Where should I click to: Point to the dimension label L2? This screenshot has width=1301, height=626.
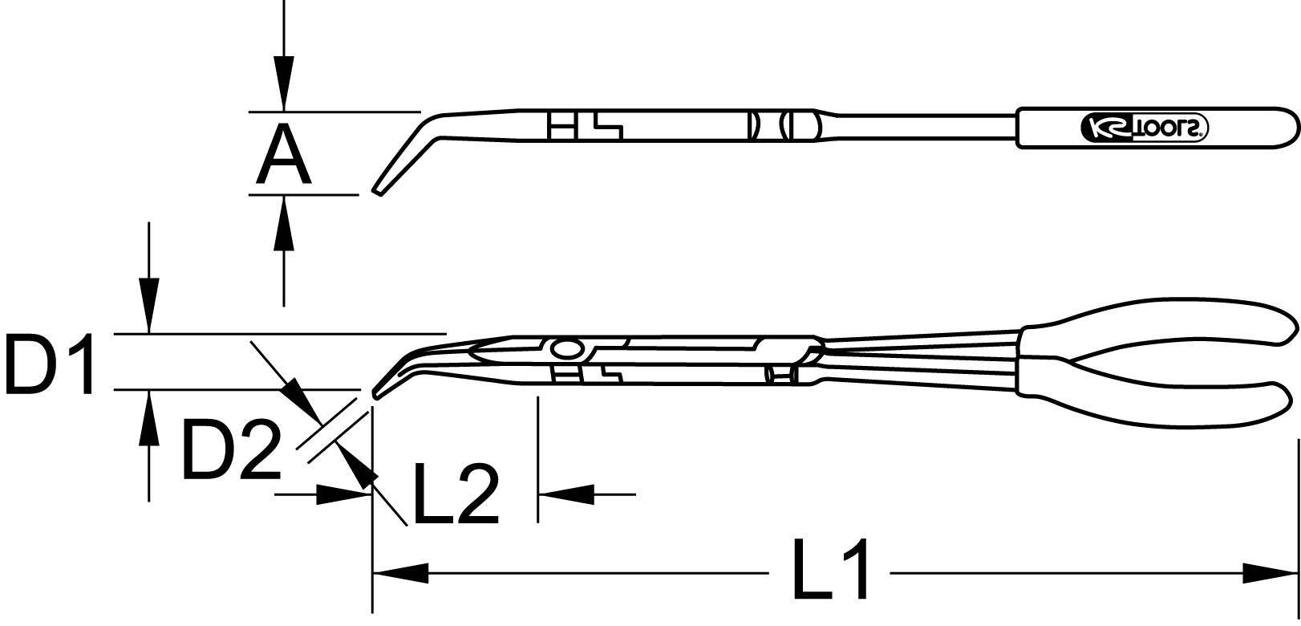click(455, 494)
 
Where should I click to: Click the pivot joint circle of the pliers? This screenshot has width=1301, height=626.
click(568, 350)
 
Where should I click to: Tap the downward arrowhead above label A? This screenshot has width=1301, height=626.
click(282, 84)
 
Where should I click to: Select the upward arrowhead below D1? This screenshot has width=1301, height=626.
click(148, 417)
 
